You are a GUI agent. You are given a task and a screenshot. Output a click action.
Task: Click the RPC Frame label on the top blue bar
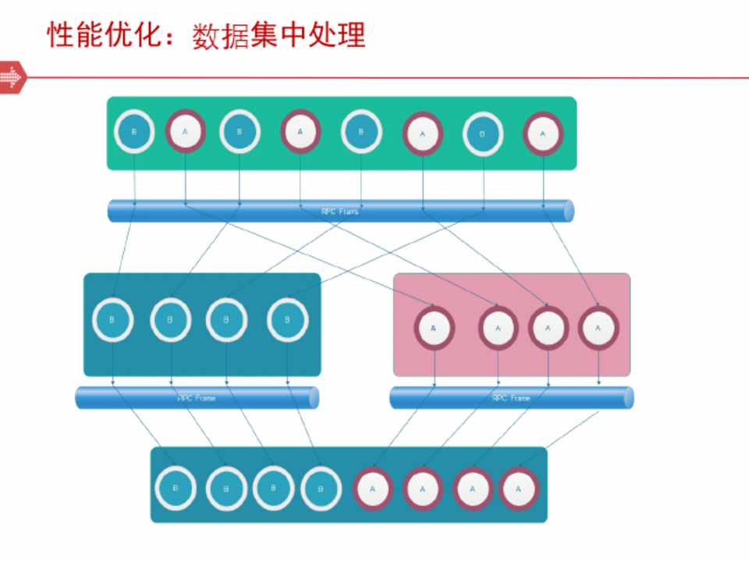(340, 211)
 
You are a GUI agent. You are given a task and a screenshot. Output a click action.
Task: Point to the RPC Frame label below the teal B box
(197, 398)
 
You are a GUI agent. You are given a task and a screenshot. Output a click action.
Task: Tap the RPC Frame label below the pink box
(511, 398)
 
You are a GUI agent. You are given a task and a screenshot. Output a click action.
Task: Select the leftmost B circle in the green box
(134, 131)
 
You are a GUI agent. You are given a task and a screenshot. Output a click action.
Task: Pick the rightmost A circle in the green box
(543, 133)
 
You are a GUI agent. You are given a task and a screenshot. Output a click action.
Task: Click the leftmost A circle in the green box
(186, 130)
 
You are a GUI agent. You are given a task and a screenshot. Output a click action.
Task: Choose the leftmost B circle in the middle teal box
(113, 319)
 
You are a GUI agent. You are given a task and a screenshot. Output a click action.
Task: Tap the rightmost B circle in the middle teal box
(288, 319)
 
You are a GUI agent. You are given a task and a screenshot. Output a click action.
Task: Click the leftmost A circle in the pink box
(434, 327)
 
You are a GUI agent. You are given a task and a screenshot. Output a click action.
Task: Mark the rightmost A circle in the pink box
(598, 327)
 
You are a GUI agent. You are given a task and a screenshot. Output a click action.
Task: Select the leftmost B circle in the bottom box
(176, 489)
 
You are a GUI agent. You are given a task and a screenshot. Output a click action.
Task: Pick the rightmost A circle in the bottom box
(519, 489)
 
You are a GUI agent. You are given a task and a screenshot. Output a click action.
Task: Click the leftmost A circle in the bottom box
(373, 489)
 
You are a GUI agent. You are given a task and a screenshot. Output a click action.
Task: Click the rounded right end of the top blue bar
(568, 211)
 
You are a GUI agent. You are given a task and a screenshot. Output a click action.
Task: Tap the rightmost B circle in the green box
(484, 133)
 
